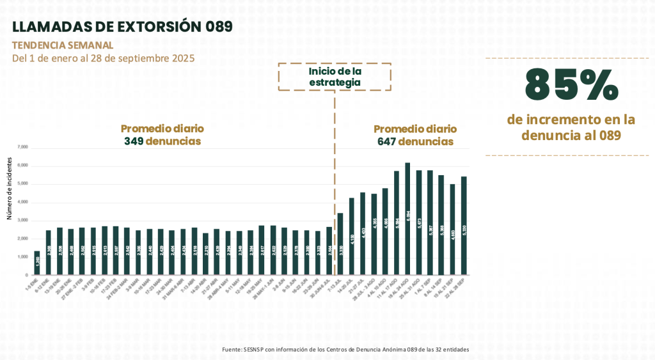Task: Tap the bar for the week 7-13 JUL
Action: click(340, 244)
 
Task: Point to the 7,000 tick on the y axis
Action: click(23, 147)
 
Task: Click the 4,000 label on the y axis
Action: click(23, 202)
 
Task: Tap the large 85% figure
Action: click(571, 84)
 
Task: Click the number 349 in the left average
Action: click(133, 141)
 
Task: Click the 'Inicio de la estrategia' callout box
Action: click(335, 77)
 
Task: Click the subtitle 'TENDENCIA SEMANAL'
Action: click(63, 45)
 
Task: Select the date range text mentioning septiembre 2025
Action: click(103, 58)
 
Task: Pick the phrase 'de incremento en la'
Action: click(571, 120)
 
